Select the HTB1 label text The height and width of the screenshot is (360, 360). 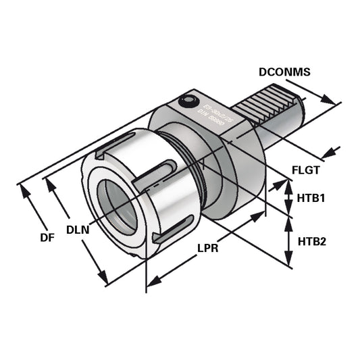tap(312, 199)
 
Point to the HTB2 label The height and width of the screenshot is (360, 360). tap(312, 240)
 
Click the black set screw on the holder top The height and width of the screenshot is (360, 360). tap(186, 101)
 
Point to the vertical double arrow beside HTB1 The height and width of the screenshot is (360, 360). tap(288, 197)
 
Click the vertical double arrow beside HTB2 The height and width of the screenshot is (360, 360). tap(288, 240)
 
